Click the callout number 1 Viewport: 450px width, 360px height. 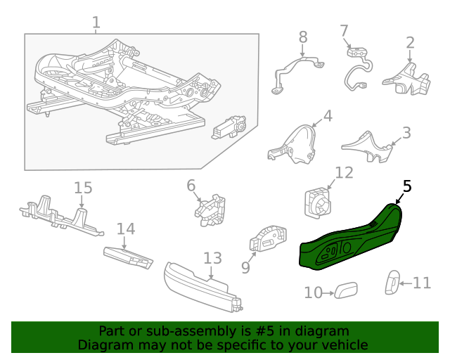pos(96,22)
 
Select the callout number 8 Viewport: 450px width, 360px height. pos(303,37)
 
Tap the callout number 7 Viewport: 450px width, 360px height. pos(344,31)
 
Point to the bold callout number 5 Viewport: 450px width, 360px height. pos(407,186)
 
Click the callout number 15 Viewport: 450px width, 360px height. pos(83,188)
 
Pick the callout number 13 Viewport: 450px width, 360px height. pos(212,259)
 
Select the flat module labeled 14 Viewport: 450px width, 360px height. pos(128,257)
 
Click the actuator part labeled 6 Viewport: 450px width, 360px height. pos(210,210)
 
